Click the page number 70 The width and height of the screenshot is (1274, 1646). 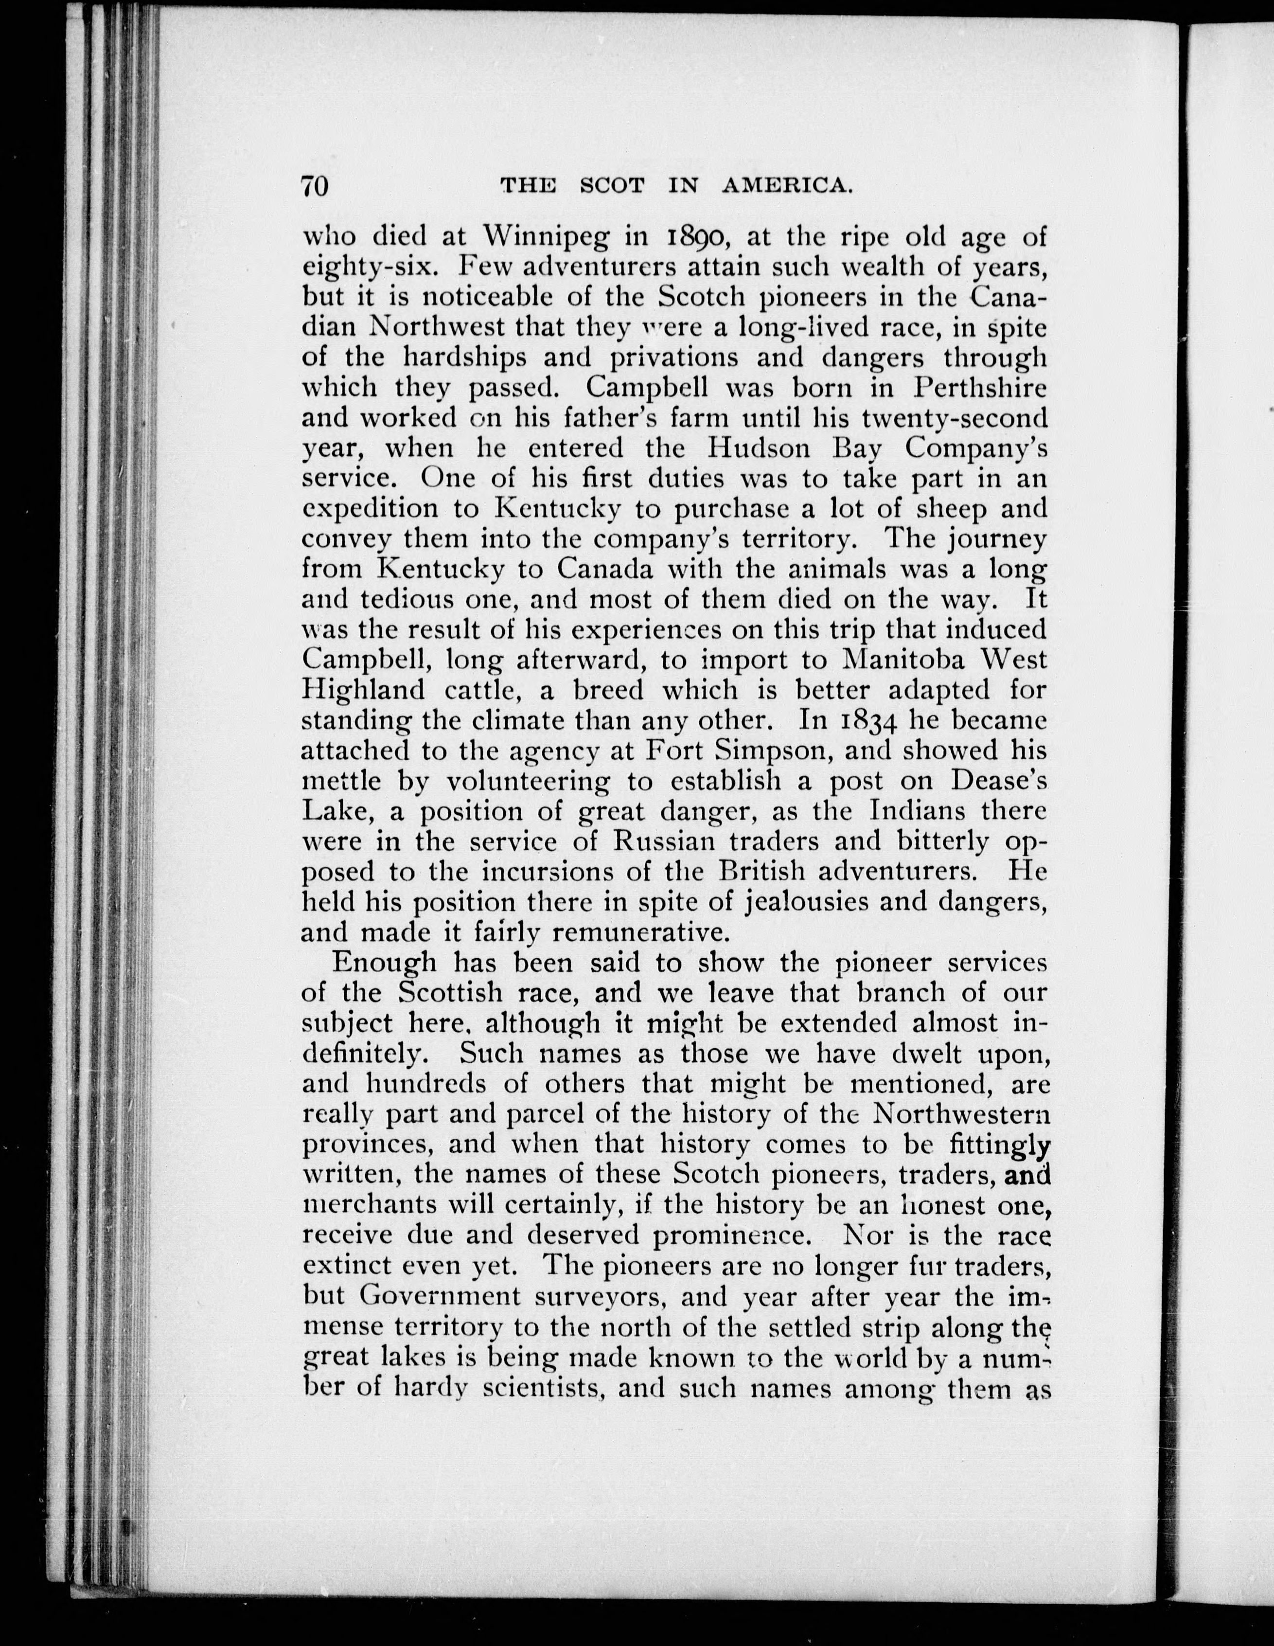[x=316, y=185]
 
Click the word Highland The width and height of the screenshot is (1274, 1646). [x=363, y=690]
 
